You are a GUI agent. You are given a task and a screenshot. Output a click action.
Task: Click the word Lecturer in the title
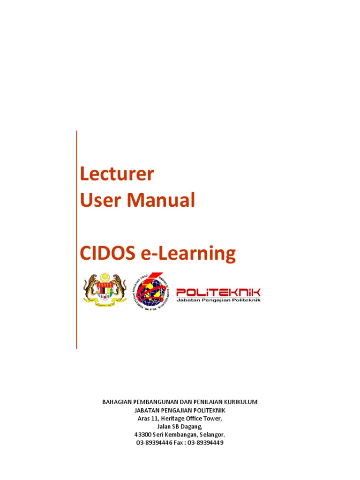pyautogui.click(x=116, y=174)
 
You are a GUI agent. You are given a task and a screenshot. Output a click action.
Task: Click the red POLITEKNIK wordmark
pyautogui.click(x=218, y=292)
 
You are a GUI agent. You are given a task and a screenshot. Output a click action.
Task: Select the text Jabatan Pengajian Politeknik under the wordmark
pyautogui.click(x=218, y=300)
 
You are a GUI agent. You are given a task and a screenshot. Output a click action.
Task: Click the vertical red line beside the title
pyautogui.click(x=76, y=239)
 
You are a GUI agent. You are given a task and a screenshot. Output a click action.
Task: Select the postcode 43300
pyautogui.click(x=142, y=435)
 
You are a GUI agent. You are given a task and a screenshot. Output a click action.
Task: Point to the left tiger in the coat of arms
pyautogui.click(x=90, y=287)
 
